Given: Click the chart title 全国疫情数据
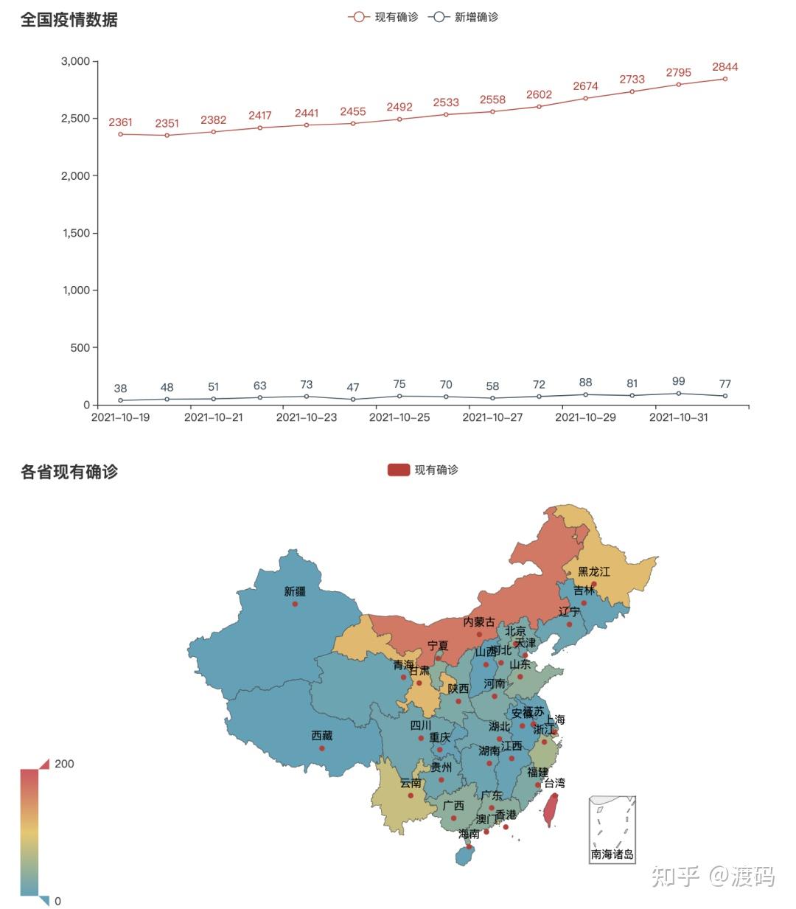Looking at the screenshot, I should tap(69, 20).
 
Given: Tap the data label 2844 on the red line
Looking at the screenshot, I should tap(725, 67).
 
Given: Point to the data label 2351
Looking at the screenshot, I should tap(167, 123).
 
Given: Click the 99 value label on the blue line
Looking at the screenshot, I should tap(678, 381).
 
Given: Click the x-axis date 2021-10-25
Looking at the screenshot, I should tap(399, 417).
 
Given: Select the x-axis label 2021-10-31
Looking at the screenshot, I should tap(678, 417).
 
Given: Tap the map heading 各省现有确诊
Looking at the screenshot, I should tap(69, 472).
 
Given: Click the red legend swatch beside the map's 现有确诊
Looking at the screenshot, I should tap(398, 470).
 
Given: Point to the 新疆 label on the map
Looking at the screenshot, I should tap(294, 591).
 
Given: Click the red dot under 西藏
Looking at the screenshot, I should tap(322, 748).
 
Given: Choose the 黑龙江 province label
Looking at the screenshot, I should tap(593, 571).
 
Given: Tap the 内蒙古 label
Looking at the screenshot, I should tap(479, 622).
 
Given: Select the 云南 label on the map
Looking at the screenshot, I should tap(411, 783).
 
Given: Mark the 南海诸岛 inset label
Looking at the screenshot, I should tap(612, 854).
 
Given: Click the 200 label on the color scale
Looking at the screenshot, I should tap(64, 764).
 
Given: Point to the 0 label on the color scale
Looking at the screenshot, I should tap(58, 901).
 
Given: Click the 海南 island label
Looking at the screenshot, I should tap(469, 834).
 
